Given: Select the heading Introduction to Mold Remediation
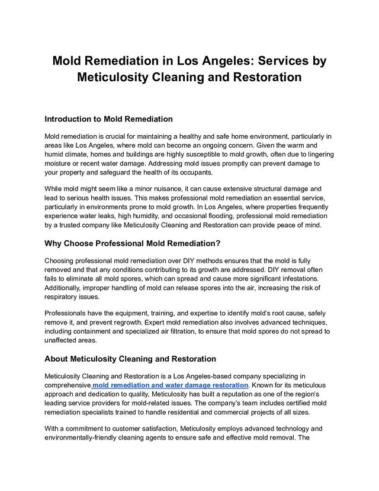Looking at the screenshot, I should pyautogui.click(x=108, y=119).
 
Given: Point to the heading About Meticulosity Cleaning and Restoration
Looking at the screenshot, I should pyautogui.click(x=130, y=359).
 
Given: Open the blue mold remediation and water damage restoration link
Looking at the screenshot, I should pyautogui.click(x=171, y=385).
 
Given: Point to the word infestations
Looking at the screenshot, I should pyautogui.click(x=301, y=278).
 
